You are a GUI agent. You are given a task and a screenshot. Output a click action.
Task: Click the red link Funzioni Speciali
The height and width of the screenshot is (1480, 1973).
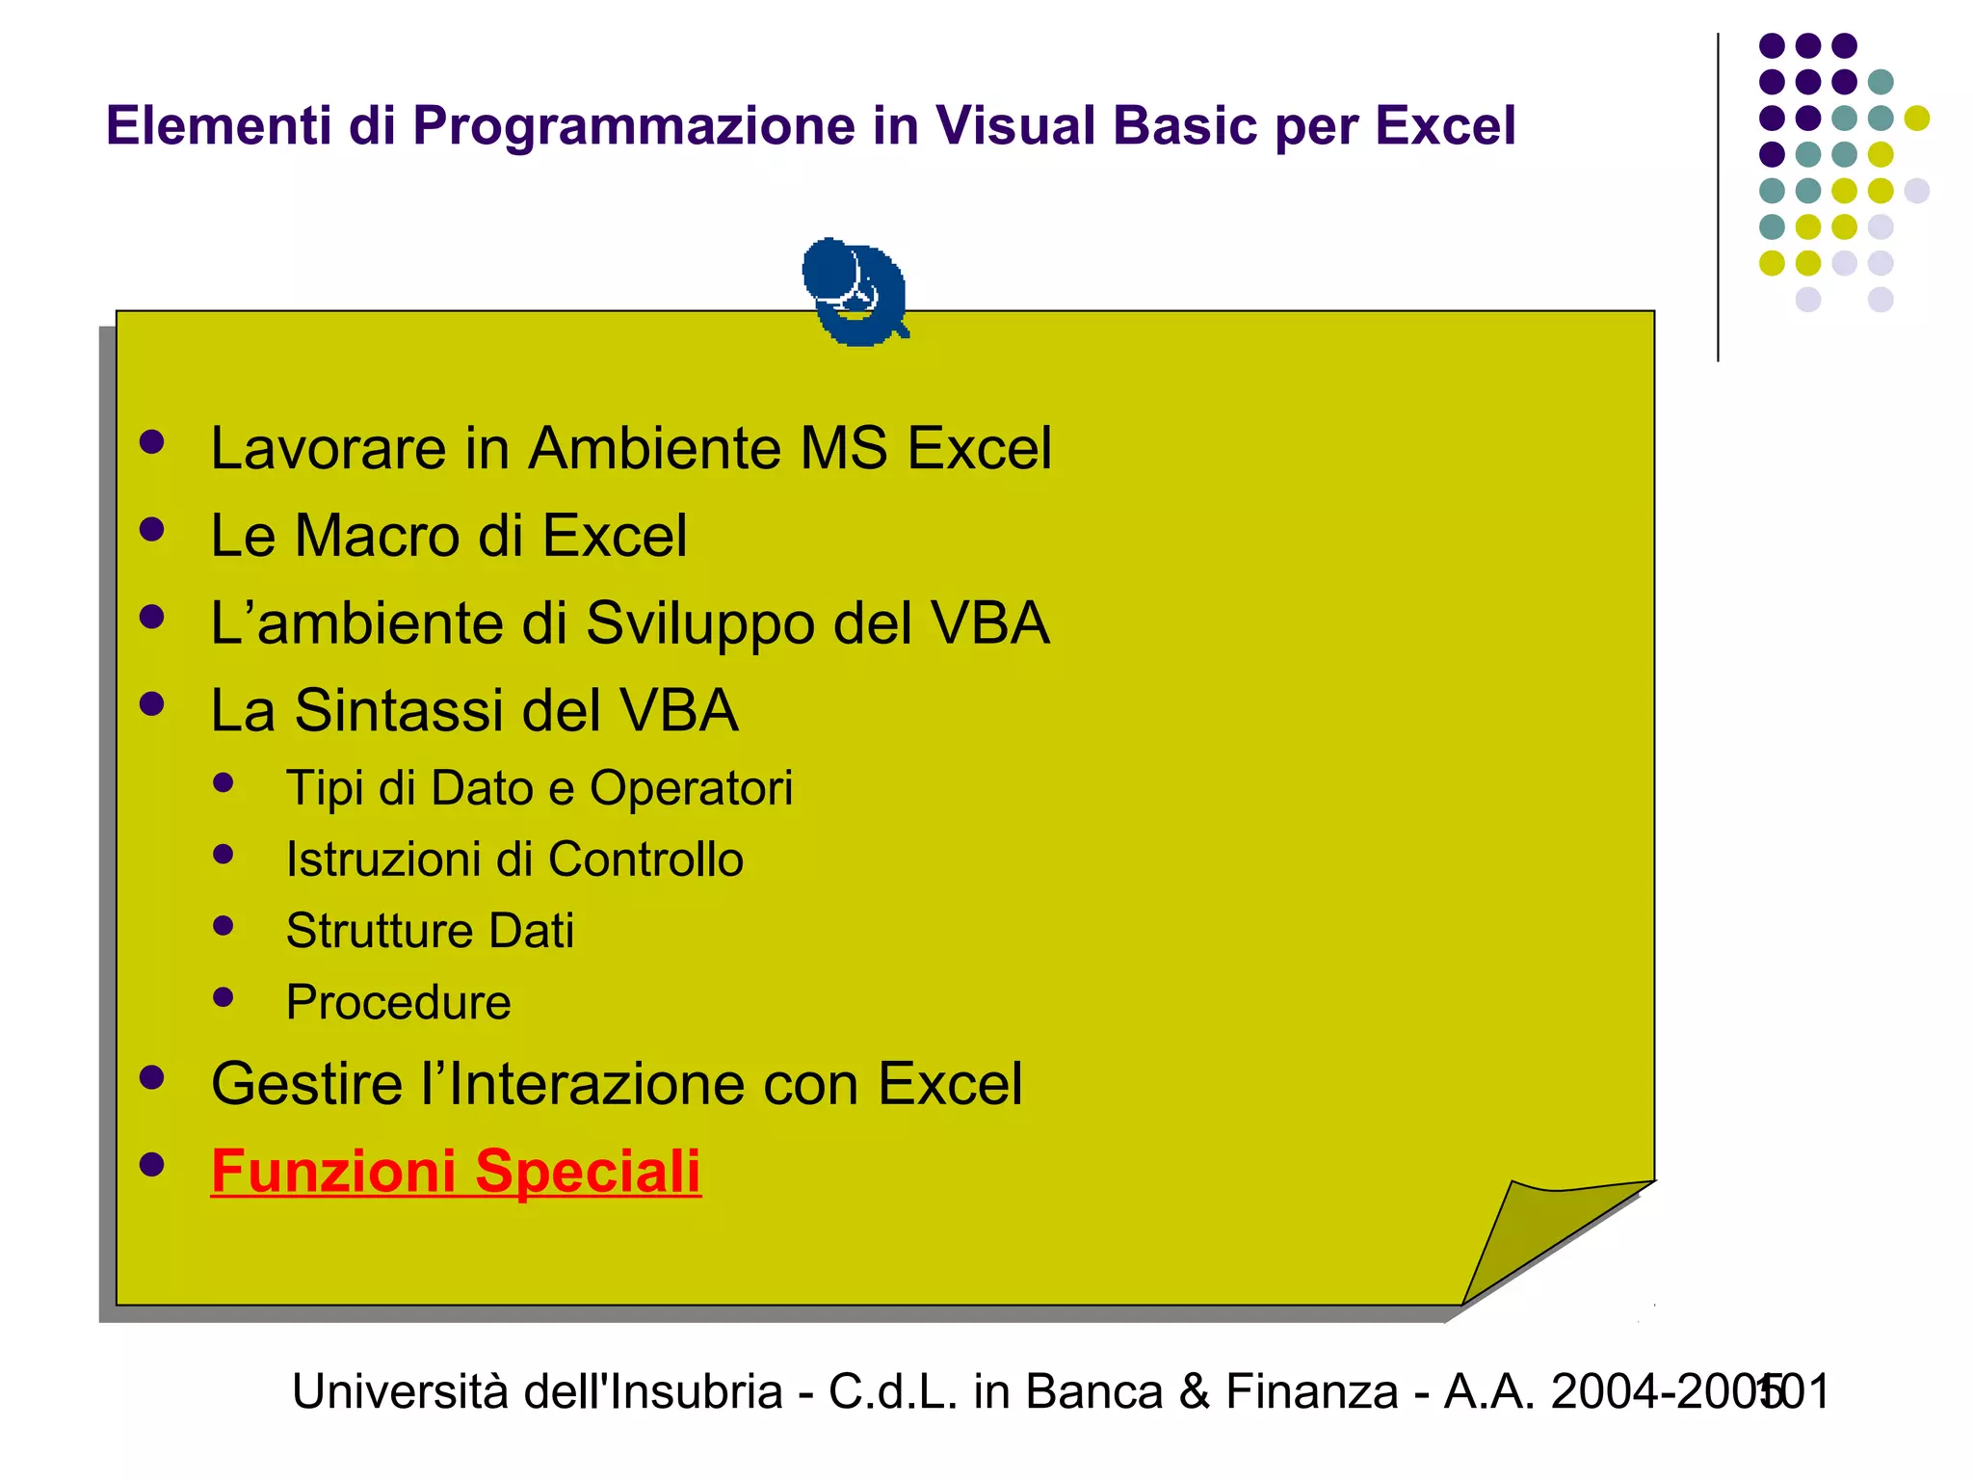pos(456,1171)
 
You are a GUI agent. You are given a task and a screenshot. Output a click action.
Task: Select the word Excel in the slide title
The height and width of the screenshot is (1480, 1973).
pos(1444,125)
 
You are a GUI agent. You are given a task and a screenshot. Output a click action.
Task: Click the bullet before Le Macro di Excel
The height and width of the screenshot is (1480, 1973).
pos(151,529)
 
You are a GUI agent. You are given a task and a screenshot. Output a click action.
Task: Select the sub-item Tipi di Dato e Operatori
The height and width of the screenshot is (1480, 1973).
pos(539,788)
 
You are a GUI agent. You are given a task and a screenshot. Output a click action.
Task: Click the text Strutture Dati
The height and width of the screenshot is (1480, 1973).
pos(430,931)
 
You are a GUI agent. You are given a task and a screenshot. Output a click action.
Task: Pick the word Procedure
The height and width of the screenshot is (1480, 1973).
pos(398,1002)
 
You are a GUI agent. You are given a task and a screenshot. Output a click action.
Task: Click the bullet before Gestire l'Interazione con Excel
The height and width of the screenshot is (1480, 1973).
pos(151,1077)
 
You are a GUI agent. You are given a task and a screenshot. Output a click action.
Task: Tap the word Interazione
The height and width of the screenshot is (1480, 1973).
pos(598,1084)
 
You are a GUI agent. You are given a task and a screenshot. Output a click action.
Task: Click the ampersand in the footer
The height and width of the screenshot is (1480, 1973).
pos(1194,1391)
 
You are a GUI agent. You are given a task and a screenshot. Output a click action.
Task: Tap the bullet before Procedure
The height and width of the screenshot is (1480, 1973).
pos(224,997)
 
